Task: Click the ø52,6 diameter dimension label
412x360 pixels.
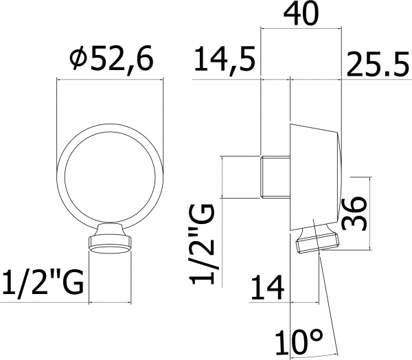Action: [x=111, y=58]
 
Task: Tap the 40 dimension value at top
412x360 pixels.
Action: [x=301, y=14]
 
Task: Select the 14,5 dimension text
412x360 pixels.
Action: [x=225, y=60]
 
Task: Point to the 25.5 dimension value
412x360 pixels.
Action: [x=378, y=64]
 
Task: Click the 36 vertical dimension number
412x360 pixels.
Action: [x=353, y=214]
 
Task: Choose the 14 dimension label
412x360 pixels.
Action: [x=267, y=287]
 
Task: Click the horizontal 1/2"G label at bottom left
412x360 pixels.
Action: [x=43, y=281]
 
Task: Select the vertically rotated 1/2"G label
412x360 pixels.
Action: [x=202, y=245]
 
